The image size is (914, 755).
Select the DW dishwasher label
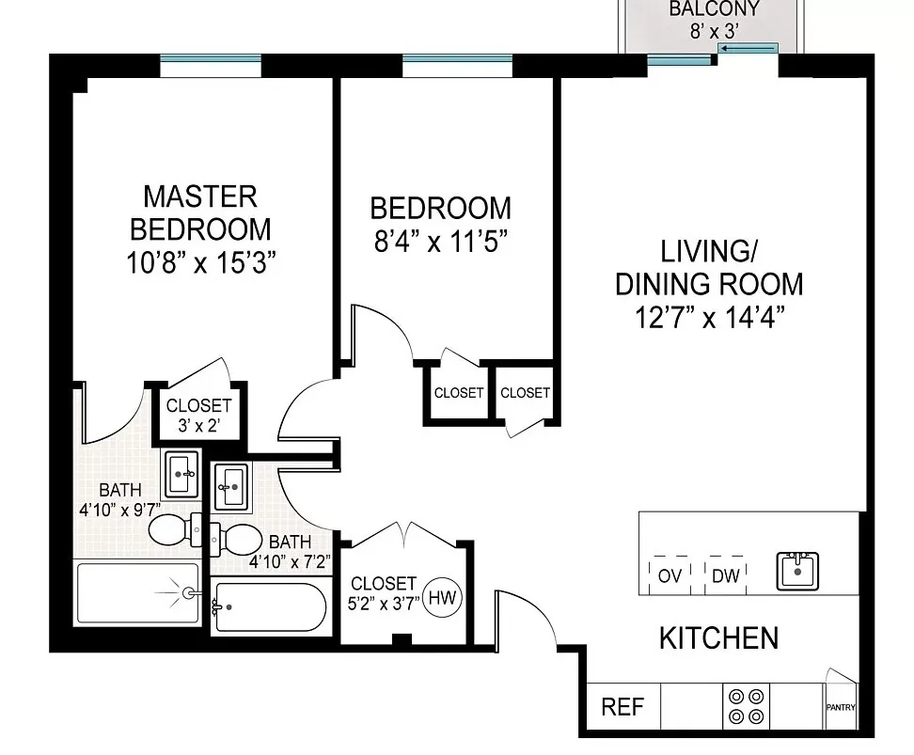(724, 575)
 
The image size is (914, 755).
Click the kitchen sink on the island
(798, 570)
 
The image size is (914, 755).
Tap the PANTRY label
(841, 708)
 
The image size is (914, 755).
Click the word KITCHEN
(718, 638)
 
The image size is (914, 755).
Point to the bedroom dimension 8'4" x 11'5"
(440, 242)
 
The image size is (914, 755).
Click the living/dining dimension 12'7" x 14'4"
(709, 315)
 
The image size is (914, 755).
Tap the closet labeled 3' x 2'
(198, 414)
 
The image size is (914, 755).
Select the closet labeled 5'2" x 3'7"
(382, 593)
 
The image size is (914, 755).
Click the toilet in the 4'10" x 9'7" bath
(171, 530)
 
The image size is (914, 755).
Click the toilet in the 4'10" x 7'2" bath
(241, 540)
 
